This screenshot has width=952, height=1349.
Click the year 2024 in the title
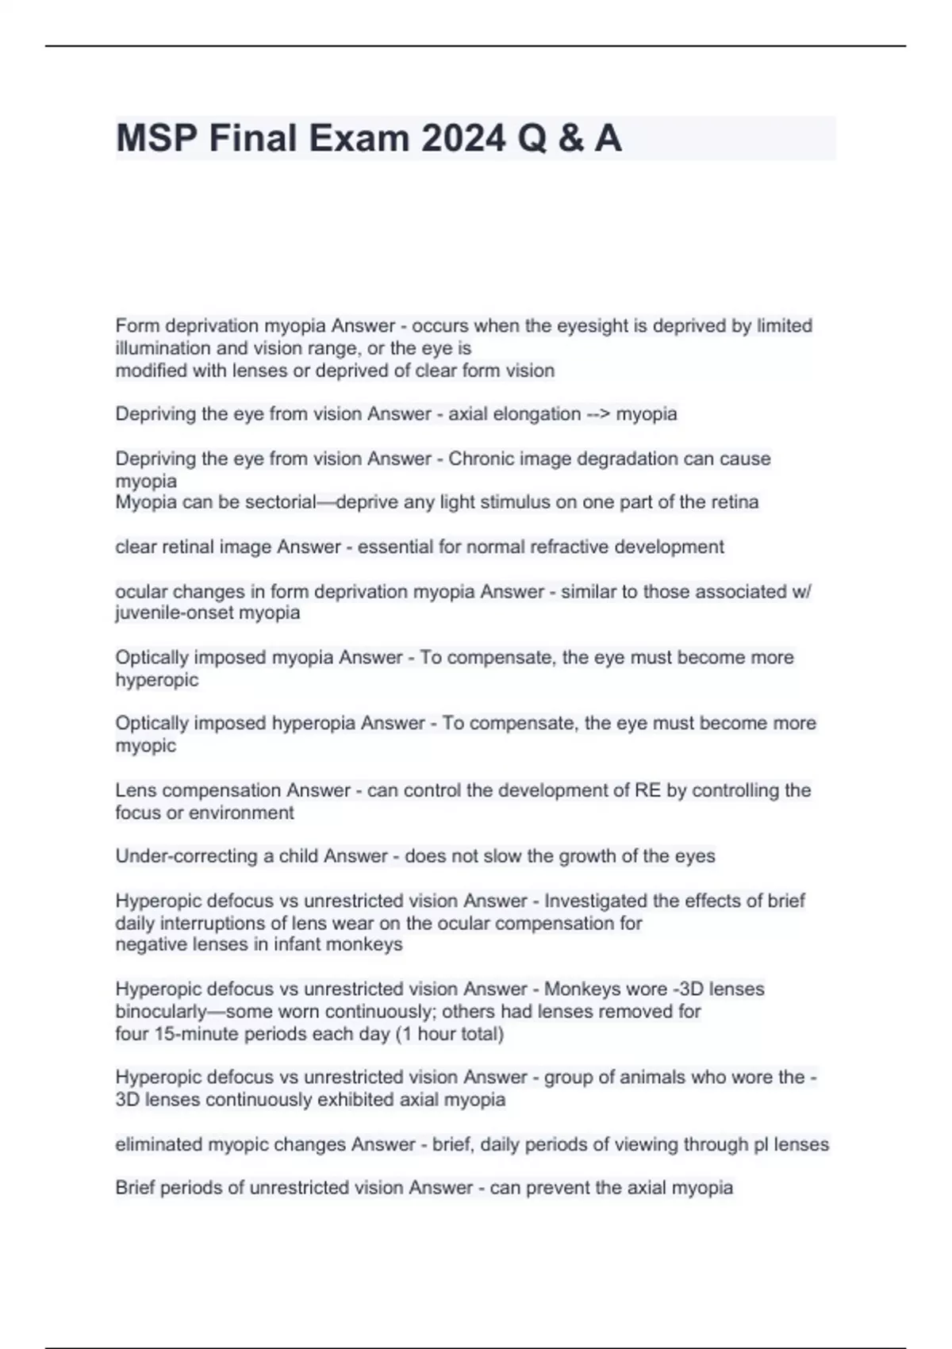tap(463, 138)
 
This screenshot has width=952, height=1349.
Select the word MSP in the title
tap(156, 138)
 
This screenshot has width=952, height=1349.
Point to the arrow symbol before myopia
tap(597, 414)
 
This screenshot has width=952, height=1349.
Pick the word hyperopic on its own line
tap(156, 680)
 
